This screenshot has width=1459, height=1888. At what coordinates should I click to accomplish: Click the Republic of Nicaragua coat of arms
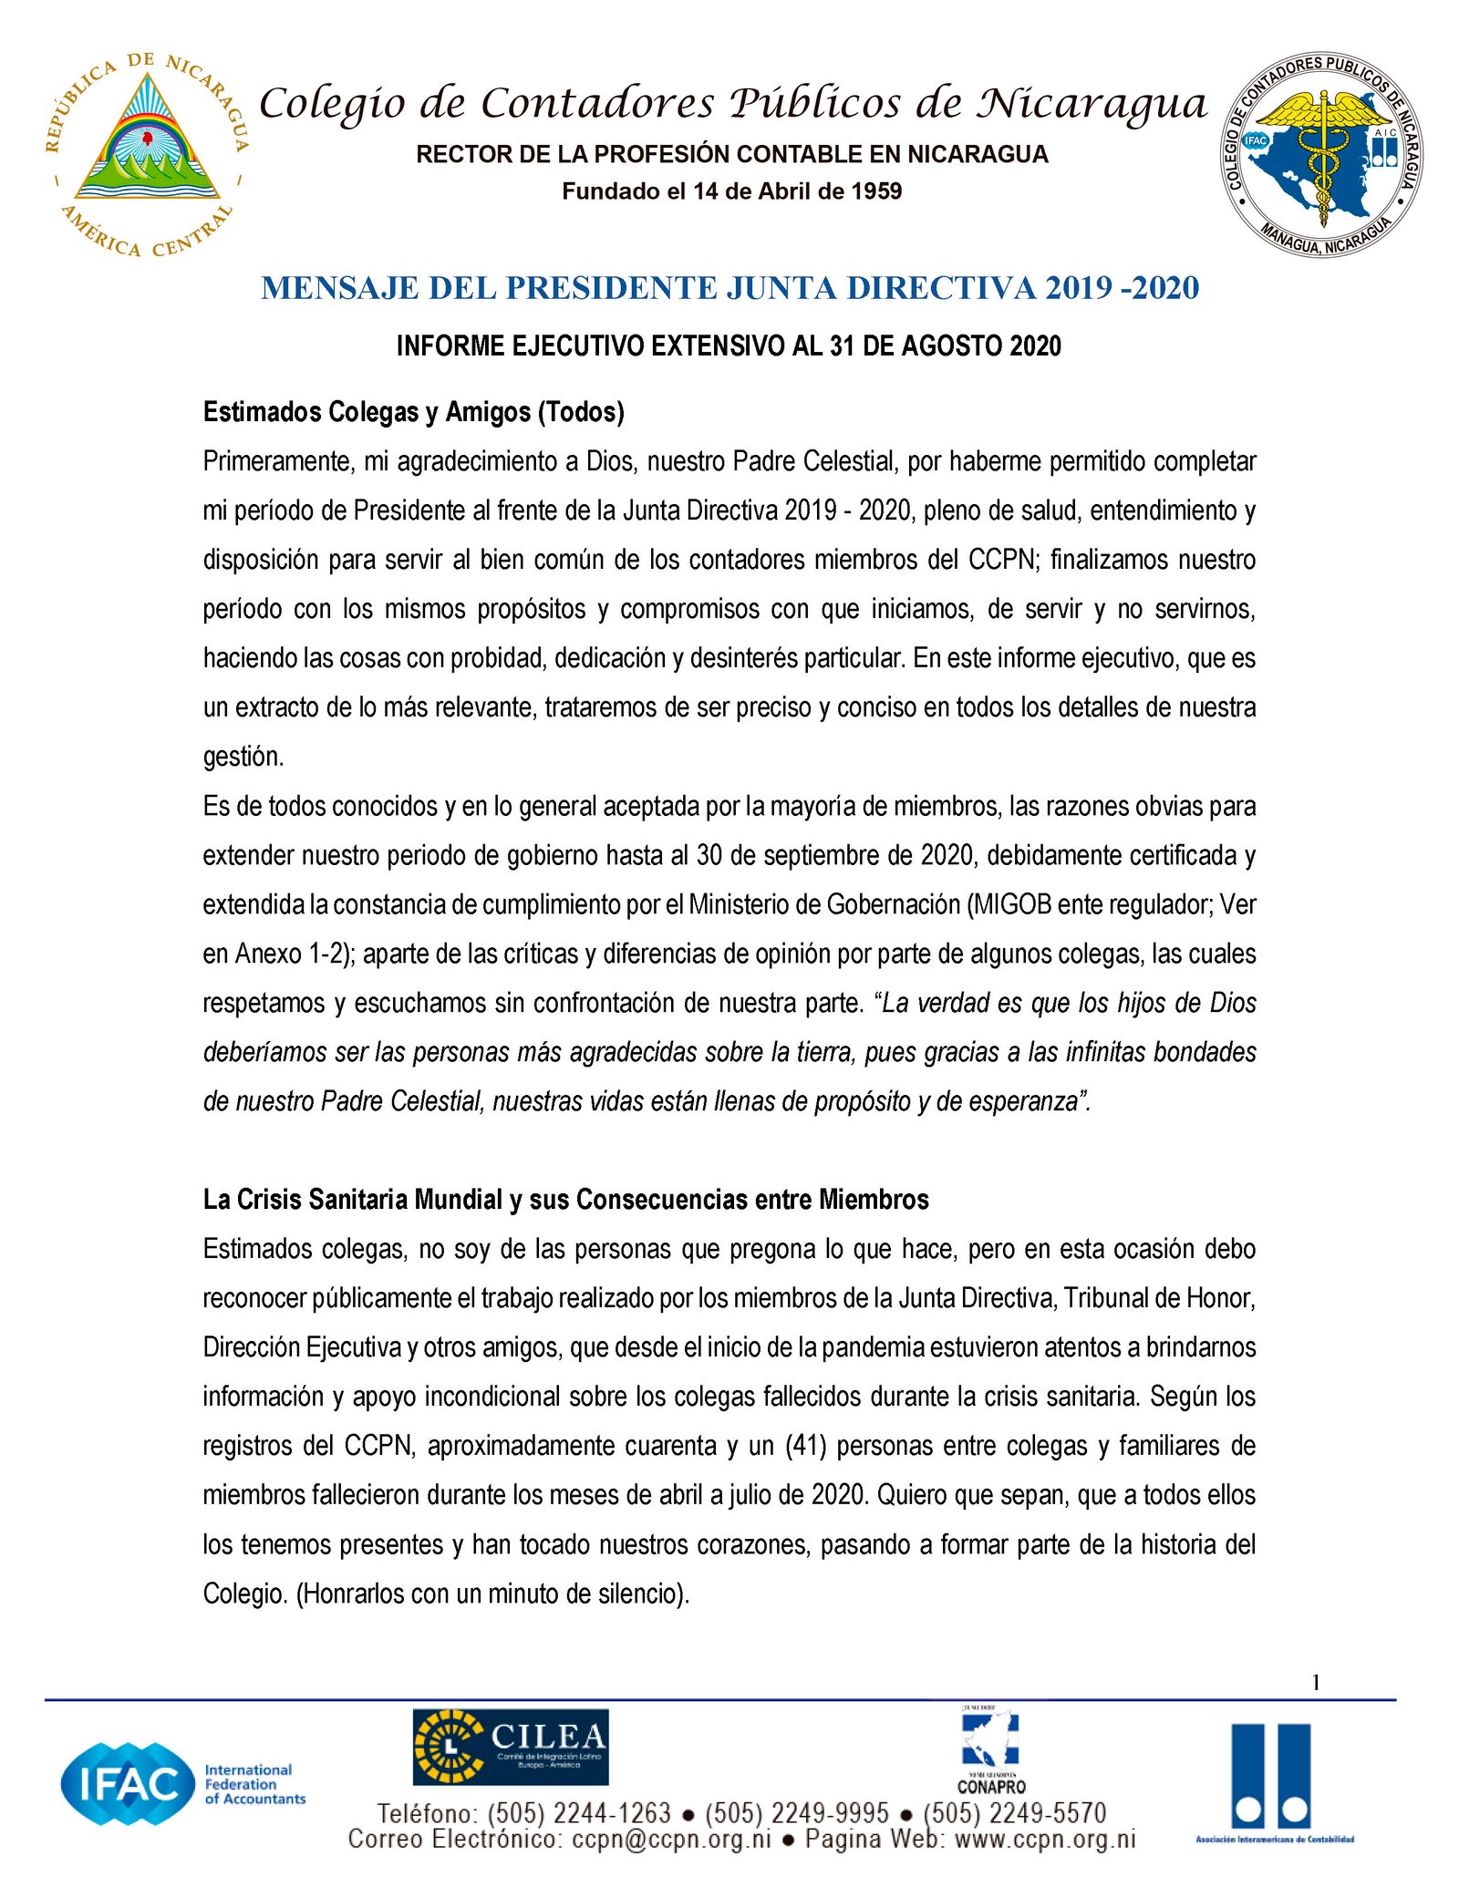pyautogui.click(x=147, y=153)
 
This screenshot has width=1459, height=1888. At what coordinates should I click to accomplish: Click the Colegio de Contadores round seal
pyautogui.click(x=1321, y=153)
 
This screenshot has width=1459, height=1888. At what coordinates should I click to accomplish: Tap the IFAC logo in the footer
pyautogui.click(x=182, y=1783)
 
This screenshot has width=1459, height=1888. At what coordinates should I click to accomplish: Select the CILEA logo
pyautogui.click(x=510, y=1746)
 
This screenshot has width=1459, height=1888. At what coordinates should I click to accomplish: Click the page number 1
pyautogui.click(x=1316, y=1682)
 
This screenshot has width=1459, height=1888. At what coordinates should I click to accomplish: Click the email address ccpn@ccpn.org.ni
pyautogui.click(x=672, y=1839)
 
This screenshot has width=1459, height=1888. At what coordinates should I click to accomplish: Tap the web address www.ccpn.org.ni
pyautogui.click(x=1045, y=1839)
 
